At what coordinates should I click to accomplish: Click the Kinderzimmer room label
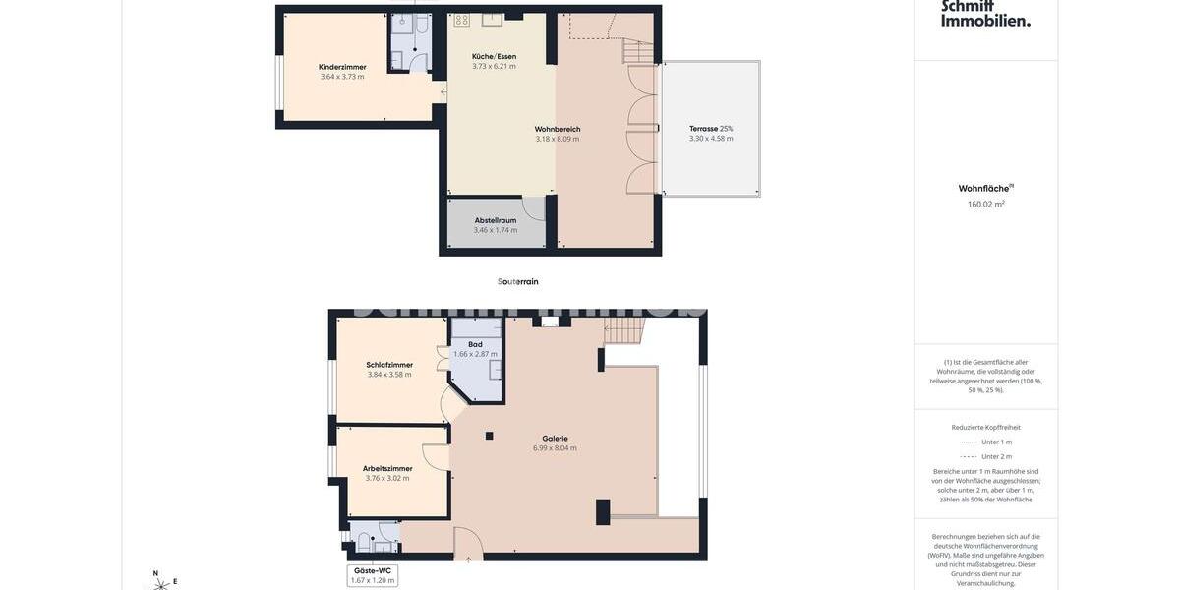click(x=342, y=67)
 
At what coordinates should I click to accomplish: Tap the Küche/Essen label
click(x=494, y=56)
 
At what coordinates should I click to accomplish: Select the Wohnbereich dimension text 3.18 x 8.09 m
click(x=558, y=139)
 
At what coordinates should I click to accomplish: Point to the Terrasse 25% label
click(x=711, y=129)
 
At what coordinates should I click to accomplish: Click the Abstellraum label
click(x=496, y=220)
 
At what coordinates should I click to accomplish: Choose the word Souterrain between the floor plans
click(x=518, y=282)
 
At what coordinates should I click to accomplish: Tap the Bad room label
click(x=475, y=344)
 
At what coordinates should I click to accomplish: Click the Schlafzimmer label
click(x=389, y=365)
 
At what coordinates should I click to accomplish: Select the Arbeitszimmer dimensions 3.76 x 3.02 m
click(x=387, y=479)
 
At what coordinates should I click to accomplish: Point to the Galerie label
click(x=556, y=439)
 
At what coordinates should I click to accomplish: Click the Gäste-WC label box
click(x=373, y=575)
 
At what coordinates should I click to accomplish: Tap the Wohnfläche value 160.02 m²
click(x=986, y=205)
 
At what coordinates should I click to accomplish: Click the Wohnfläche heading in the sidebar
click(x=984, y=188)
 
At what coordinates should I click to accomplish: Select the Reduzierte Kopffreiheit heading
click(x=986, y=427)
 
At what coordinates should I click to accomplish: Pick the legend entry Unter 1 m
click(x=996, y=442)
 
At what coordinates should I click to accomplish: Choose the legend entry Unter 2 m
click(x=996, y=456)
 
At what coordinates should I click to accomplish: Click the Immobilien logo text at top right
click(x=986, y=20)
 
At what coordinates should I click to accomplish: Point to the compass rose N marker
click(x=155, y=573)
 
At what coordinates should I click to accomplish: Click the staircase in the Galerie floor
click(x=623, y=331)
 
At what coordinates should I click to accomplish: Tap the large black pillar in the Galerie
click(x=603, y=511)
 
